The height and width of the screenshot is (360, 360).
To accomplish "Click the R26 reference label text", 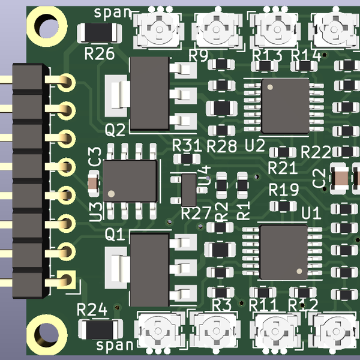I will (100, 55).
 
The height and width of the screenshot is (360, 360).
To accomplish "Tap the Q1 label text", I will (115, 234).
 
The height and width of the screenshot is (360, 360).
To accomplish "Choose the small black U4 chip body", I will (188, 189).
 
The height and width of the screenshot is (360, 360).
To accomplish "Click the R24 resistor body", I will (99, 328).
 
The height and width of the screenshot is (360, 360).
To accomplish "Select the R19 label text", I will (283, 190).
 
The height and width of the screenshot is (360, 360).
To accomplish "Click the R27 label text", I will (196, 213).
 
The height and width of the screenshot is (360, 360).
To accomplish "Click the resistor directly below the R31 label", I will (190, 159).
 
